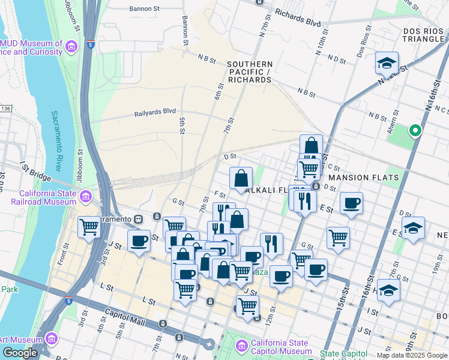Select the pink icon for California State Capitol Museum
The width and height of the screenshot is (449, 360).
[x=242, y=346]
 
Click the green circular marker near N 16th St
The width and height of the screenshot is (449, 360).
[x=414, y=130]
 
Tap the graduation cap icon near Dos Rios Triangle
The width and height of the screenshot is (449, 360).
[x=387, y=62]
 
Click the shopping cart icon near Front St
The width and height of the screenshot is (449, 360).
[x=89, y=227]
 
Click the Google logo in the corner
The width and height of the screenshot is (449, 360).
[x=20, y=353]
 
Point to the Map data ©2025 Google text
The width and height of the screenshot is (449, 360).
[x=411, y=355]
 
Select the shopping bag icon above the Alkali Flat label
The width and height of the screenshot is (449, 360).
[x=241, y=178]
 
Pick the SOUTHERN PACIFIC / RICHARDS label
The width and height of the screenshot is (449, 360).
[x=249, y=72]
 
